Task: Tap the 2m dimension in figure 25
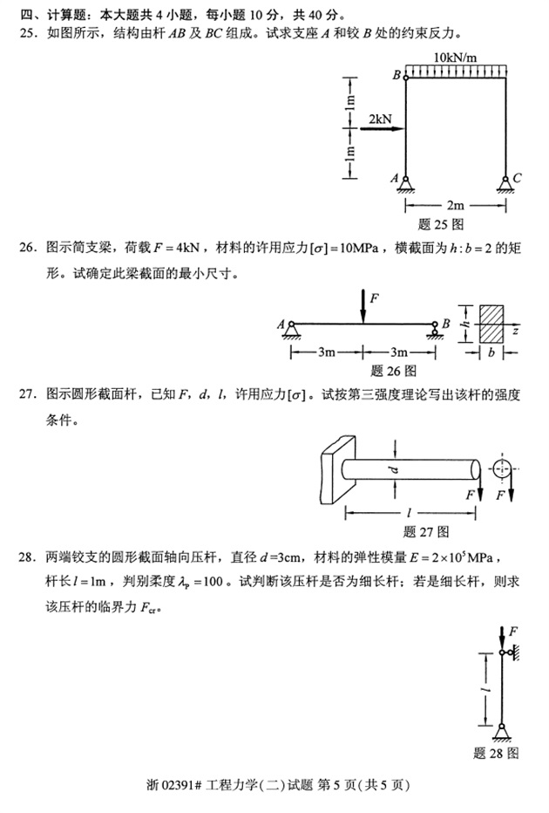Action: coord(455,206)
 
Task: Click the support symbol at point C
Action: coord(505,183)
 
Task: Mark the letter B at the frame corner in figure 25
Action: coord(396,76)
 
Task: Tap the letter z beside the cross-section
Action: coord(516,332)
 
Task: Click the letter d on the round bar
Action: coord(394,471)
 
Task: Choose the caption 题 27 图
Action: coord(426,531)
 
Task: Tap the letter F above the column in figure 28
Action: coord(514,630)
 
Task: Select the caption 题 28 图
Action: coord(497,753)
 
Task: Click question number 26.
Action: coord(30,249)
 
